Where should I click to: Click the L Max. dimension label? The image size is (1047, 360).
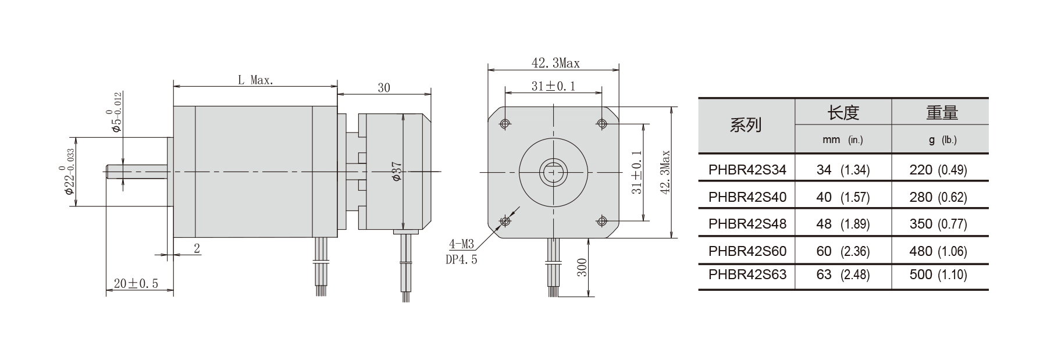(x=255, y=80)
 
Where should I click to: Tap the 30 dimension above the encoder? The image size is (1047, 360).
(x=384, y=88)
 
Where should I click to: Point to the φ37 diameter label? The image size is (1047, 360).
(x=397, y=172)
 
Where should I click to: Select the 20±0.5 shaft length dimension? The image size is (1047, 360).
(x=136, y=284)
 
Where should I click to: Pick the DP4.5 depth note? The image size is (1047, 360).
(x=461, y=260)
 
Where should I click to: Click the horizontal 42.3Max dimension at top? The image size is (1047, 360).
(x=555, y=63)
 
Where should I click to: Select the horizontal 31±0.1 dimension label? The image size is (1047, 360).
(x=553, y=86)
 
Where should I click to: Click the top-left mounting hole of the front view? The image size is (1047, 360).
(x=504, y=123)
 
